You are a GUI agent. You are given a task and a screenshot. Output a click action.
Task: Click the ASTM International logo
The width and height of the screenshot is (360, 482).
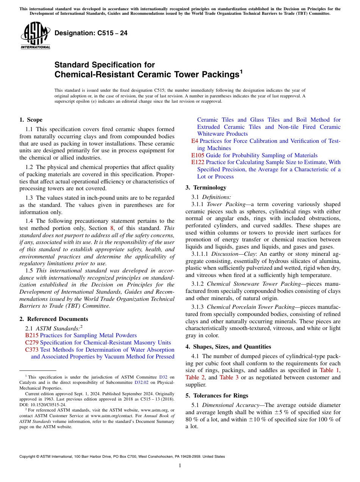click(35, 36)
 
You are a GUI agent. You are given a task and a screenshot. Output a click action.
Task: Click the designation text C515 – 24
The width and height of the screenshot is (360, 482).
click(91, 33)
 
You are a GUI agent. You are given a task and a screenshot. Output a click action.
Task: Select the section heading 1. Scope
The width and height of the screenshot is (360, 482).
click(31, 120)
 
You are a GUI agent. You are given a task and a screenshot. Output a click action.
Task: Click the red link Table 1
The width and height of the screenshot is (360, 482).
click(329, 370)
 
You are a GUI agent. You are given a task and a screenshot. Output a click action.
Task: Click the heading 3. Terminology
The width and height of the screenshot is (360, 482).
click(206, 188)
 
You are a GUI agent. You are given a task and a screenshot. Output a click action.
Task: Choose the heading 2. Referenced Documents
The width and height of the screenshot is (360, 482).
click(54, 319)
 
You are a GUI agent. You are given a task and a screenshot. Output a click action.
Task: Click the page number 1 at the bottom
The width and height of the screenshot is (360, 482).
click(180, 466)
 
